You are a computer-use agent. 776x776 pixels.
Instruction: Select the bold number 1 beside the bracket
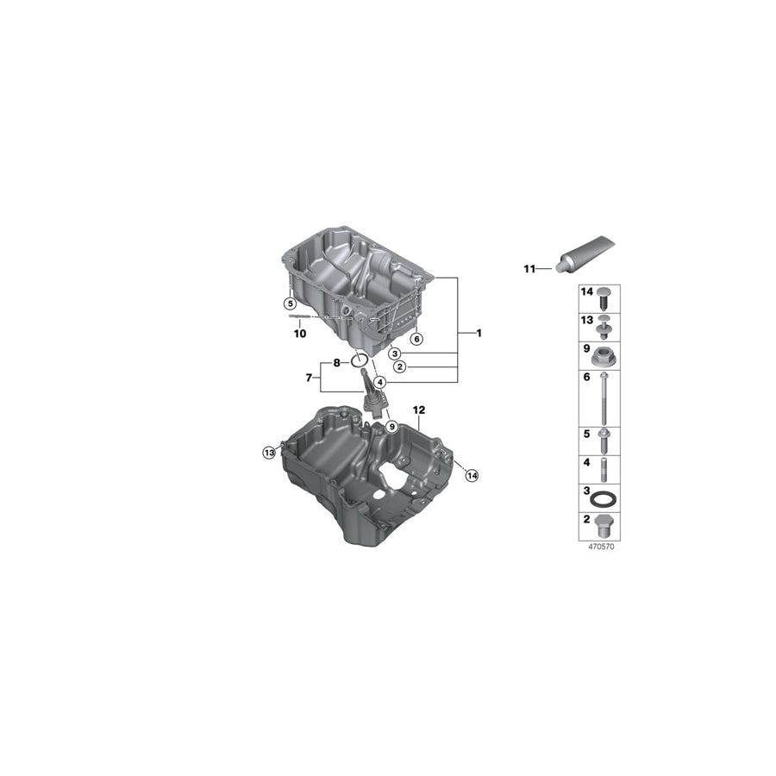point(479,333)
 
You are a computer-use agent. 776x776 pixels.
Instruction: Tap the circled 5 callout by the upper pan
point(291,304)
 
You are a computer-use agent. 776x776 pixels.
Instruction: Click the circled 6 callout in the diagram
point(416,339)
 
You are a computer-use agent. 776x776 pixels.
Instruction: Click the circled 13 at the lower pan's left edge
point(270,452)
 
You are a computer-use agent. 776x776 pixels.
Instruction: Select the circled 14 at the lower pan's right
point(471,475)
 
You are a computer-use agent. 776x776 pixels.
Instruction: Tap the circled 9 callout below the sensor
point(391,426)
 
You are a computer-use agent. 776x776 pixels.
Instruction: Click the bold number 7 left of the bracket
point(310,378)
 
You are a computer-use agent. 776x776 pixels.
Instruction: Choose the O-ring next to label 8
point(361,361)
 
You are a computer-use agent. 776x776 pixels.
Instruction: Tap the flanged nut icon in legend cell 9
point(603,354)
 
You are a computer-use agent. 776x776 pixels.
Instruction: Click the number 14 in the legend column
point(587,293)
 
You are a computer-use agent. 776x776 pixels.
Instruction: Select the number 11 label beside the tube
point(529,269)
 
